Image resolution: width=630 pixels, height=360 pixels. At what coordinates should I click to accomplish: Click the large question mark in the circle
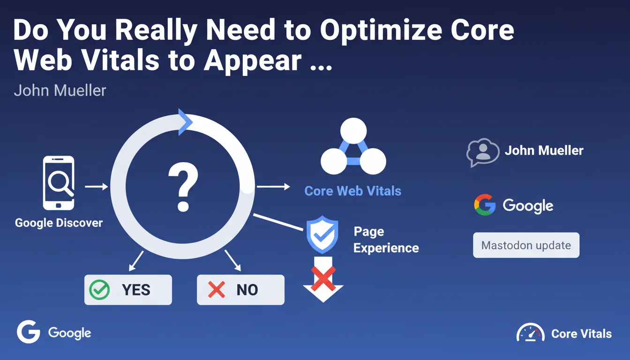(x=183, y=187)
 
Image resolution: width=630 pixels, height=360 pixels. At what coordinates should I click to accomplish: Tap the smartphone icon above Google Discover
(x=59, y=183)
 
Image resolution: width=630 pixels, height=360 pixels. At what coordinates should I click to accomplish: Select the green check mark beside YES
(x=99, y=290)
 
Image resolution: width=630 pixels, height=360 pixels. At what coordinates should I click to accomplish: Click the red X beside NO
(x=216, y=290)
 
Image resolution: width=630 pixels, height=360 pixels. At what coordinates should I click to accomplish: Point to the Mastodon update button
(x=526, y=245)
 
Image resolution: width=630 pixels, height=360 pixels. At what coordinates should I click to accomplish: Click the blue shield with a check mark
(x=322, y=234)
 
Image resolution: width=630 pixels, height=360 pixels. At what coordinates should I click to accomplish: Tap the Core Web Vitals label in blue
(x=352, y=191)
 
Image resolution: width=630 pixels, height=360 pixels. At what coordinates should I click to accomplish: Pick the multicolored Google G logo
(x=485, y=205)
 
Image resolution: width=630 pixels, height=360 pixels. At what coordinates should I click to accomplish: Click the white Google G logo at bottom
(x=29, y=332)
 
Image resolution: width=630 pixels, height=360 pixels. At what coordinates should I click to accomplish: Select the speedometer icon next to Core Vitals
(x=531, y=332)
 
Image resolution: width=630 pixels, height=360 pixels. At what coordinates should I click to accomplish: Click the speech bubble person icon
(x=483, y=152)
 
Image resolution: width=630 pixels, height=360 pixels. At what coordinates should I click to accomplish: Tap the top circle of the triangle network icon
(x=353, y=131)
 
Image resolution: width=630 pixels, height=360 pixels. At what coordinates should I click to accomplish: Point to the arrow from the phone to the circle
(x=97, y=187)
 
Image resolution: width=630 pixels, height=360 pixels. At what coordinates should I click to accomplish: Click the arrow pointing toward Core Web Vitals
(x=273, y=187)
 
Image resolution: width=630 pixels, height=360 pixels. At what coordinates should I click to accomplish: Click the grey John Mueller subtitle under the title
(x=60, y=90)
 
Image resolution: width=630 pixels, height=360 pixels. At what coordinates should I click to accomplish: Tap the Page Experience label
(x=386, y=240)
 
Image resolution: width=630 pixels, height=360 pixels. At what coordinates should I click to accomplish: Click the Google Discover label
(x=59, y=223)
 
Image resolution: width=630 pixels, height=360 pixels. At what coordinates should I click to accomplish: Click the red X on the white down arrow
(x=323, y=278)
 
